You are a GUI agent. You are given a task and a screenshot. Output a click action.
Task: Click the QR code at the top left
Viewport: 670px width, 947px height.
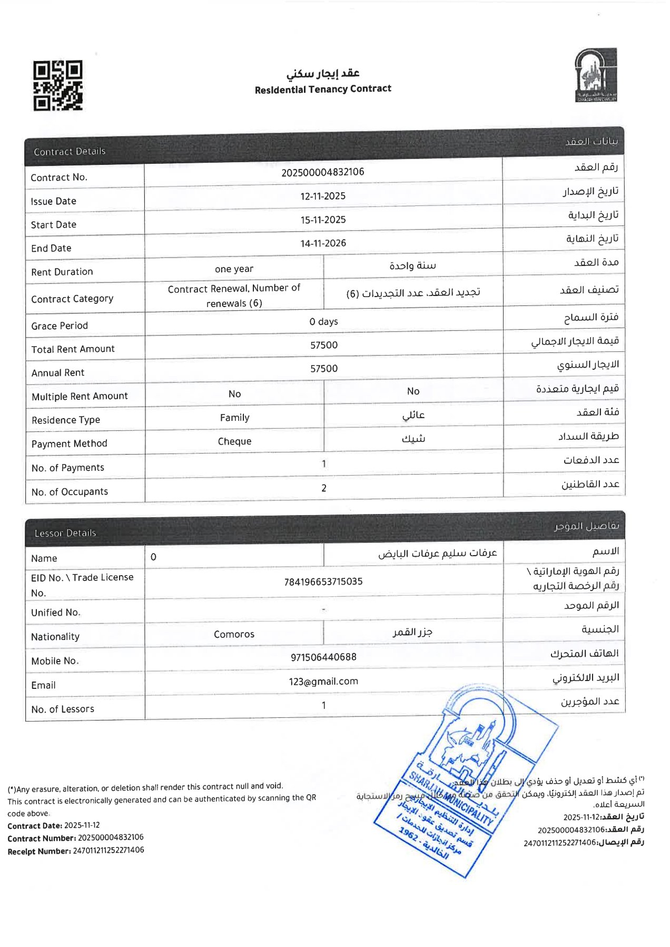click(58, 85)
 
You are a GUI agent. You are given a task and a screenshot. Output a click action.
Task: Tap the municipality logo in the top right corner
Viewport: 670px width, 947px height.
click(596, 75)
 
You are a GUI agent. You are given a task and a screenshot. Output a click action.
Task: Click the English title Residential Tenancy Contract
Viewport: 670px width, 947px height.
click(323, 89)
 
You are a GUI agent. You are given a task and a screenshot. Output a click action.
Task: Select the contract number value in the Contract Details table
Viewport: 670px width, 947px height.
click(322, 172)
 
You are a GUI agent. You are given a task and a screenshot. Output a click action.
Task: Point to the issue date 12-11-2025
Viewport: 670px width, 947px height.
click(323, 196)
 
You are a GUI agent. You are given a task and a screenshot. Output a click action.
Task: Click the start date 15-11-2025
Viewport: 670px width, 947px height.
click(323, 220)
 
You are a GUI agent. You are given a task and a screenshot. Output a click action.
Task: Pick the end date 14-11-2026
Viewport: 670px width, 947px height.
click(323, 243)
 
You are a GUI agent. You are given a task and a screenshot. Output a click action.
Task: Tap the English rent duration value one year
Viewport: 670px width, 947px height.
click(234, 269)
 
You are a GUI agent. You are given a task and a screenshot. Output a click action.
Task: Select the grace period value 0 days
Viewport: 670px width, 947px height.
click(323, 321)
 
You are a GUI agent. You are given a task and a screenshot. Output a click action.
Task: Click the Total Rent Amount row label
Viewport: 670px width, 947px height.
click(73, 349)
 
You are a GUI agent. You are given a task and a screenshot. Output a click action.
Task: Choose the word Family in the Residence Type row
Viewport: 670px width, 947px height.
click(234, 418)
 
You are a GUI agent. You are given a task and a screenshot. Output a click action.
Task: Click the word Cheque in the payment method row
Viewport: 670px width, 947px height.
click(234, 441)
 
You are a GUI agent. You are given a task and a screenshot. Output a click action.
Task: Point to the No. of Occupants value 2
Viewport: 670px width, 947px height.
click(323, 488)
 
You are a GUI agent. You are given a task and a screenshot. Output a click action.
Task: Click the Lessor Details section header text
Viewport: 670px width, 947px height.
click(65, 533)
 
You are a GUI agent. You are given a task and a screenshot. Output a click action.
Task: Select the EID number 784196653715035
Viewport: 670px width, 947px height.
click(323, 581)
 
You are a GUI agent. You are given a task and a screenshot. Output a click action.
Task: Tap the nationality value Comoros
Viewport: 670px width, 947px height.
click(234, 634)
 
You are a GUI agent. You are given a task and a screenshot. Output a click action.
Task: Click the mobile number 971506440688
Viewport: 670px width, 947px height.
click(323, 657)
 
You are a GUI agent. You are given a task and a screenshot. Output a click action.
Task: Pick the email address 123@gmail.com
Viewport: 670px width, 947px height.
click(323, 681)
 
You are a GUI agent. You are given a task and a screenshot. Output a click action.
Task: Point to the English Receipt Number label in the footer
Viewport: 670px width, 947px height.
click(39, 851)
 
